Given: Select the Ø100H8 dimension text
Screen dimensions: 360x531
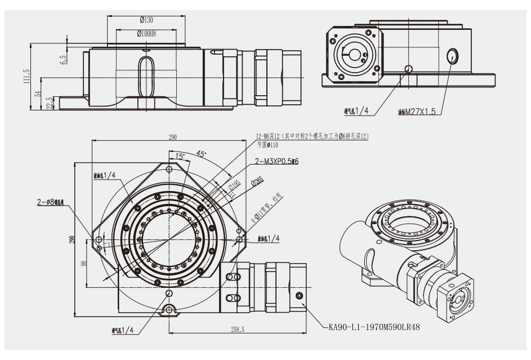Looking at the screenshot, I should (146, 34).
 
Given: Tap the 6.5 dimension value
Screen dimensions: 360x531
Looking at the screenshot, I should (63, 59).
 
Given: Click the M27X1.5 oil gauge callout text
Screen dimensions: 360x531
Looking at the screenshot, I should (420, 112).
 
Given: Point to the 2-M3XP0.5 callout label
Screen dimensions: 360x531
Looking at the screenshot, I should (276, 162).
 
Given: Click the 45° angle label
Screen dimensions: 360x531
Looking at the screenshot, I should (201, 153).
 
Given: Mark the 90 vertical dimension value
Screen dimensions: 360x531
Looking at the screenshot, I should (84, 264).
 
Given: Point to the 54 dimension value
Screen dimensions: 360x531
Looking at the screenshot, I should (38, 94).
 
